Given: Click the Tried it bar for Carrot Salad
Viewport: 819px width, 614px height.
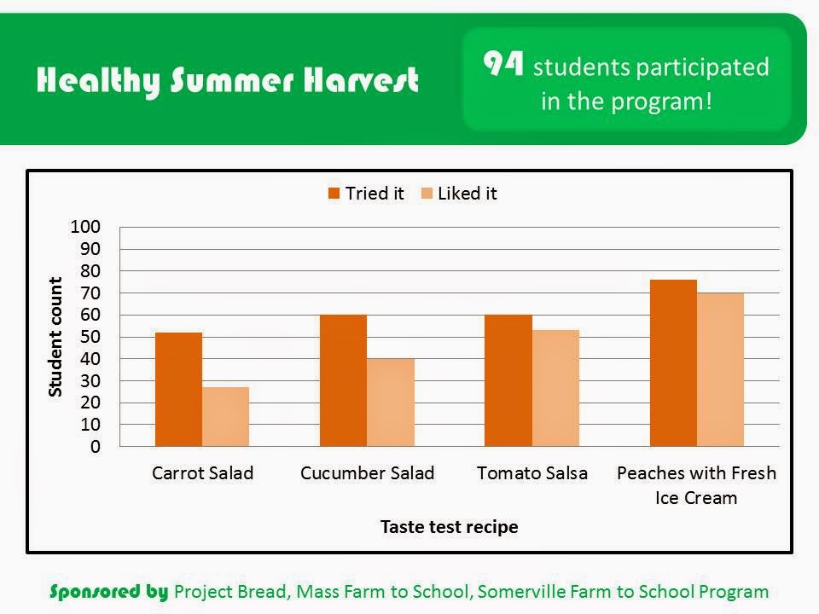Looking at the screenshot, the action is pos(178,390).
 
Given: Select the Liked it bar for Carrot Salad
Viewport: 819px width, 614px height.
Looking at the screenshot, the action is pos(225,417).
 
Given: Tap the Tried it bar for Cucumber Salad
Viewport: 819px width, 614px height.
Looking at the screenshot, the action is pos(343,380).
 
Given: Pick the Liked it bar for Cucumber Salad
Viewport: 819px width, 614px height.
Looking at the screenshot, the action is pos(391,403).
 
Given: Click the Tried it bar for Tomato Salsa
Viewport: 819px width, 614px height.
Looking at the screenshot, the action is pos(508,380).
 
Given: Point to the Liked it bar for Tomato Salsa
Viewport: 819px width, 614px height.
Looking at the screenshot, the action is pos(555,388).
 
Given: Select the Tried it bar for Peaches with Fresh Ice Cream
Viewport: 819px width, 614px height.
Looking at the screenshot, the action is pos(673,363).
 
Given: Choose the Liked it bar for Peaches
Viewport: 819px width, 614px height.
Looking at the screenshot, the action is pos(720,369).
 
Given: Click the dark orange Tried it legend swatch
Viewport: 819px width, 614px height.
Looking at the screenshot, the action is pos(334,194).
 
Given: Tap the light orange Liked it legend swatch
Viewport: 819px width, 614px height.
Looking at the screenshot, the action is pos(427,194).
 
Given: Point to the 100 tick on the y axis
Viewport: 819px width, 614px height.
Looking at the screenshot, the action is pos(85,227).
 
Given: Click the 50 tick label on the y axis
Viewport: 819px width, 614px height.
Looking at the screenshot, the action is pos(90,337).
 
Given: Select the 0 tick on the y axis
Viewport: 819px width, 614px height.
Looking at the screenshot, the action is pos(96,446).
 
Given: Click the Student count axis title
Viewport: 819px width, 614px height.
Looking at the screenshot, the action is pos(55,337).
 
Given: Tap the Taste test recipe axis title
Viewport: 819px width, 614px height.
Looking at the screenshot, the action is pos(450,527).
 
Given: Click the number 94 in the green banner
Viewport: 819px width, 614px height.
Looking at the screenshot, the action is pos(503,63).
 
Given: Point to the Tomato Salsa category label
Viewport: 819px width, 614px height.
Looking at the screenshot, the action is pos(532,473).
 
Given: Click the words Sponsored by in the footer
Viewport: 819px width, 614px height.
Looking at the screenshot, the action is pos(109,592).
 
